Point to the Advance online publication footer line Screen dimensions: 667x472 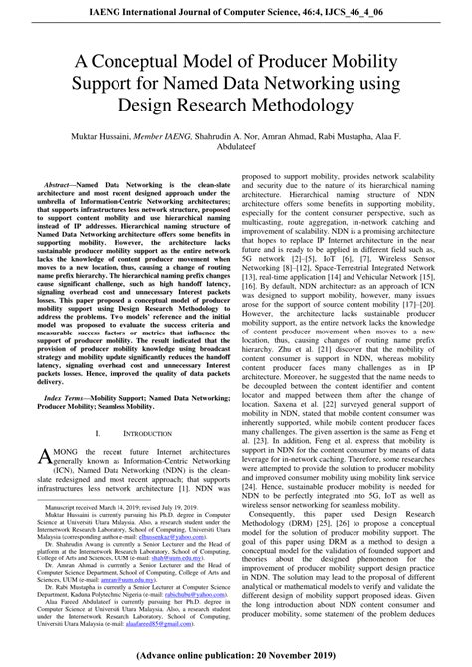[236, 658]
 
